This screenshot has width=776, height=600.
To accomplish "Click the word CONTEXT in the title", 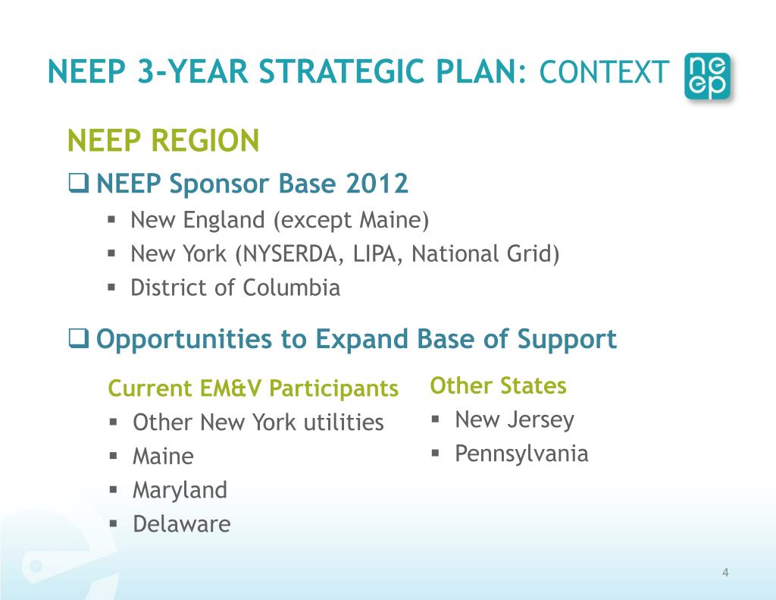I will pos(604,73).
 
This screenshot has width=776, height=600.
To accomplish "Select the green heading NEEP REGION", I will pos(164,140).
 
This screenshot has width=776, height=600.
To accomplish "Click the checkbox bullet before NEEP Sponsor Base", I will pos(79,184).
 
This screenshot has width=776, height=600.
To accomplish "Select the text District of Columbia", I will pos(235,288).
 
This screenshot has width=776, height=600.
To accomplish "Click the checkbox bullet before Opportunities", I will pos(79,339).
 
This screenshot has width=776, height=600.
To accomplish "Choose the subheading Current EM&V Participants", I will pos(253,388).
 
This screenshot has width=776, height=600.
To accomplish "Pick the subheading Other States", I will pos(498,385).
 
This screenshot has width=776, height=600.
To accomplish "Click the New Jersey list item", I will pos(515,419).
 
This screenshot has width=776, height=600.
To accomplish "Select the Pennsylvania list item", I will pos(521,454).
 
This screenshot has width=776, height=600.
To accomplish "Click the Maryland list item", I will pos(180,490).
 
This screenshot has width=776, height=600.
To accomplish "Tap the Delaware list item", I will pos(181,524).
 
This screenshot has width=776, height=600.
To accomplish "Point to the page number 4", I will pos(725,573).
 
